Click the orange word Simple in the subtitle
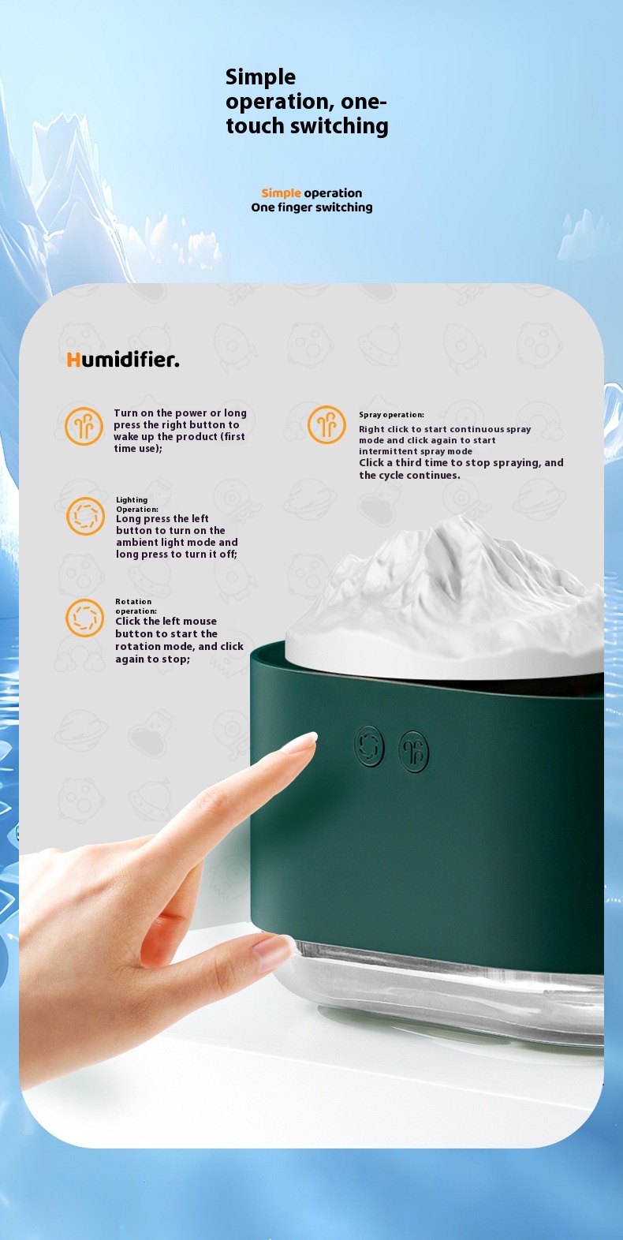click(281, 193)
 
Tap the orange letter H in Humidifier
click(73, 360)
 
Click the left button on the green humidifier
click(369, 746)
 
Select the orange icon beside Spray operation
click(326, 424)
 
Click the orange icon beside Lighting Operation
click(85, 516)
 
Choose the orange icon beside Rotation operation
click(84, 618)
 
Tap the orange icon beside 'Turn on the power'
click(84, 426)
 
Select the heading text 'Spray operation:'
click(391, 415)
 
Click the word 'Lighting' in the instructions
click(132, 500)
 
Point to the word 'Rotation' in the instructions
click(133, 602)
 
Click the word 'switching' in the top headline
click(339, 126)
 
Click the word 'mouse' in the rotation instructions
click(200, 621)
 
